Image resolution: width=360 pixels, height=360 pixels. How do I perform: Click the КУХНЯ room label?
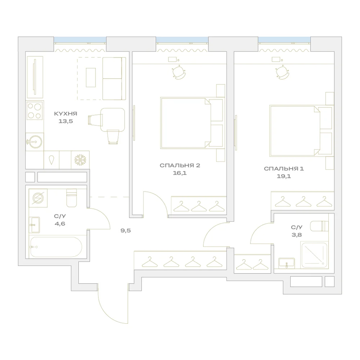click(x=66, y=114)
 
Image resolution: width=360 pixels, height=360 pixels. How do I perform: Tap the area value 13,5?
click(x=66, y=121)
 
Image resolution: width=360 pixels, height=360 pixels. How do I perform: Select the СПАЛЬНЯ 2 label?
click(x=180, y=165)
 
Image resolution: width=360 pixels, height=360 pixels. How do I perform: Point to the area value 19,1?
click(x=284, y=176)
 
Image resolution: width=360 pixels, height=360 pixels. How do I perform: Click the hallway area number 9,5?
click(x=126, y=230)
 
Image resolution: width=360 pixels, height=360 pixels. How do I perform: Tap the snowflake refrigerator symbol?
click(x=80, y=159)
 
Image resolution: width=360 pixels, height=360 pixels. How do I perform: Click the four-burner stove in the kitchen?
click(x=35, y=111)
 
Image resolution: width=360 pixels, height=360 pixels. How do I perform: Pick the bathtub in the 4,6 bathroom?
click(x=56, y=247)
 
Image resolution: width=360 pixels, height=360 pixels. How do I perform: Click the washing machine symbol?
click(x=38, y=198)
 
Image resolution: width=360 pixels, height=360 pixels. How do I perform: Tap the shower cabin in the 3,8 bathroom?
click(x=314, y=255)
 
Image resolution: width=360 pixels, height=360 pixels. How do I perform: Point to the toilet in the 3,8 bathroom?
click(x=319, y=226)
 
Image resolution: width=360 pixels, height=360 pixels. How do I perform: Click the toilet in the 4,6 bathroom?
click(x=71, y=198)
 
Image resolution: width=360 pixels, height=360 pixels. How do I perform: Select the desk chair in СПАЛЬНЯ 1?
click(x=283, y=72)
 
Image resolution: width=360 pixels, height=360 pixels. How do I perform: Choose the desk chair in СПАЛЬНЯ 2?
click(x=179, y=72)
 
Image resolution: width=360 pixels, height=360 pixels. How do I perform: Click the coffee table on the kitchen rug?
click(x=91, y=78)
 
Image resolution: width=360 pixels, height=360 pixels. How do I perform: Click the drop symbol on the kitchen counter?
click(x=51, y=160)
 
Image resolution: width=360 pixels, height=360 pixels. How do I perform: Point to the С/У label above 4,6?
click(x=60, y=216)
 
